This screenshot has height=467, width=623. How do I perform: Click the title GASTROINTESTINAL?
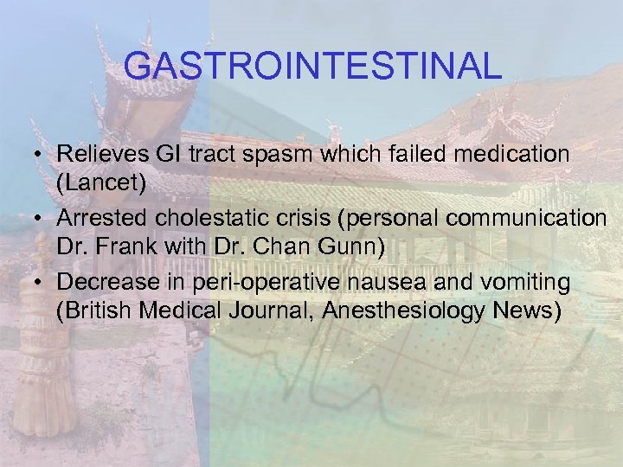coord(311,67)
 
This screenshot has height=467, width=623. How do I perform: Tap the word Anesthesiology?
coord(414,309)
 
